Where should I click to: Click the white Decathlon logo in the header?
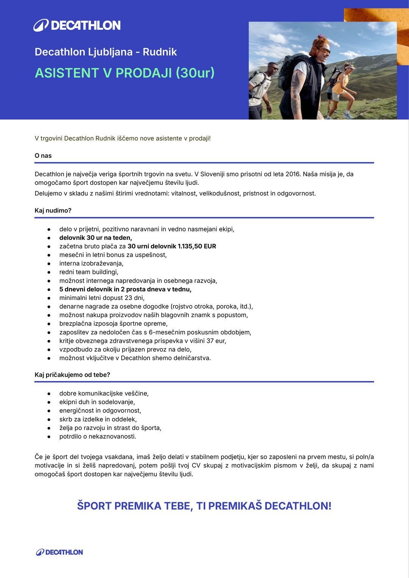tap(77, 25)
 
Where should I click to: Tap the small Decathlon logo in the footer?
tap(59, 552)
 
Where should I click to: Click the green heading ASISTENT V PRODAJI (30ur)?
tap(125, 73)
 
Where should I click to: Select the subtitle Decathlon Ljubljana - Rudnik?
tap(106, 52)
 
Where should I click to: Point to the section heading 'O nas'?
tap(43, 156)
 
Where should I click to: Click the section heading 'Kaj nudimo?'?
tap(53, 211)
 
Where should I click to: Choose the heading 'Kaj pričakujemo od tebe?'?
tap(72, 375)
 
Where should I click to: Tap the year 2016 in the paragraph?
tap(293, 174)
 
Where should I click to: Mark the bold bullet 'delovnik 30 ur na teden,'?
tap(95, 238)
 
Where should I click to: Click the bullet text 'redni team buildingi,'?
tap(89, 272)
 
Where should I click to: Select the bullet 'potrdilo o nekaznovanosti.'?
tap(98, 437)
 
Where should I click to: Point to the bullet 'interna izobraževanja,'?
tap(91, 264)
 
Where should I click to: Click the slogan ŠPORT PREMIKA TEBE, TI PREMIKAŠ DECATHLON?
tap(204, 506)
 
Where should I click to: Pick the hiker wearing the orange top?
tap(341, 89)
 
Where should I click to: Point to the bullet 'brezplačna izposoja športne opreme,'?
tap(113, 324)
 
